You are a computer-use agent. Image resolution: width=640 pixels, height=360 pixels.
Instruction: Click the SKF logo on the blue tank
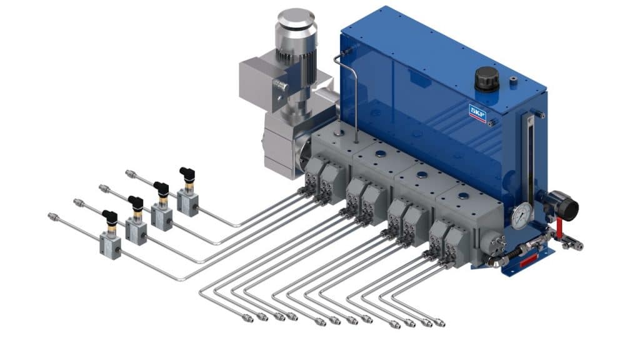(477, 113)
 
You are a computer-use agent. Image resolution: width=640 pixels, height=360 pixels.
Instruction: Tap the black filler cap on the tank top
(486, 79)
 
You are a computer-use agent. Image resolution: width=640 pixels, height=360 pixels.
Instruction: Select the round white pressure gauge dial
(522, 213)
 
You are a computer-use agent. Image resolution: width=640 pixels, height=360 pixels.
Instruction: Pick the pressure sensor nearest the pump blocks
(187, 192)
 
